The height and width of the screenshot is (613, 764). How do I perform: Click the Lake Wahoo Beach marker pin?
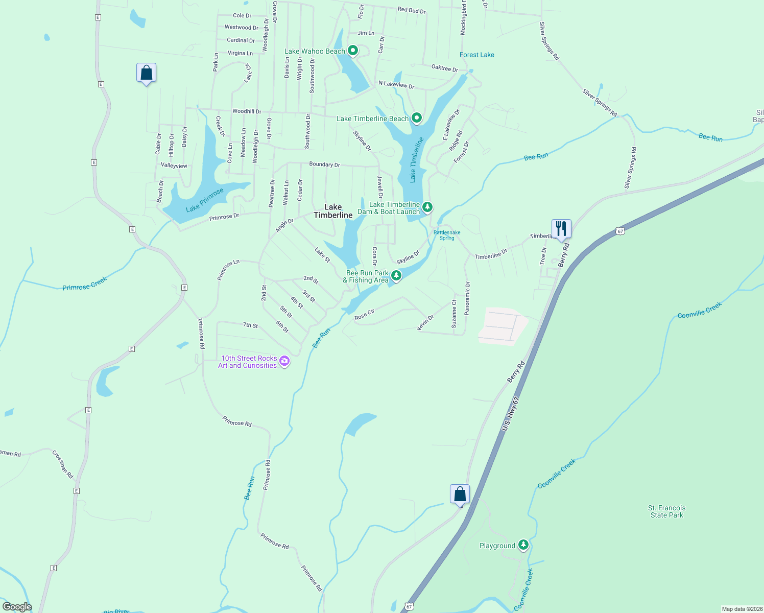[352, 51]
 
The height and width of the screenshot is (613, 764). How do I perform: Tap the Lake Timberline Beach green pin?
[417, 118]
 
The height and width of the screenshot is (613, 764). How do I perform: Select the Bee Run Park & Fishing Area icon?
[396, 276]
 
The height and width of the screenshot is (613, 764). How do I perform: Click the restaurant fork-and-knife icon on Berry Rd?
[561, 228]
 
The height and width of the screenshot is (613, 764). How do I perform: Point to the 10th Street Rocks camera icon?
[284, 361]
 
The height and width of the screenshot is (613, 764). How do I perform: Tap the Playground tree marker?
[523, 545]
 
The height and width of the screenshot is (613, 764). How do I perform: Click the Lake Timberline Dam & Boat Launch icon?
[427, 207]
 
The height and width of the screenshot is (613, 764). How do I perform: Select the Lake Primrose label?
[205, 200]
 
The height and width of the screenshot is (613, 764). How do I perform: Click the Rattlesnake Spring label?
[447, 235]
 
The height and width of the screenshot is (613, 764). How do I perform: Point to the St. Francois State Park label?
[666, 511]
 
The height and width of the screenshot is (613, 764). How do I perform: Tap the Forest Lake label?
[476, 55]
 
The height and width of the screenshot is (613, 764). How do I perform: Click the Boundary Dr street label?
[324, 164]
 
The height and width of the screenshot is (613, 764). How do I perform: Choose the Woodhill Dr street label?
[247, 111]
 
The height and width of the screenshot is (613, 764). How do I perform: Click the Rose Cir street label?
[365, 315]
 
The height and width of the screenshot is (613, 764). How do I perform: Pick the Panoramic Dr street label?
[467, 298]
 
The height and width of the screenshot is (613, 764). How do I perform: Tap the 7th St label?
[250, 325]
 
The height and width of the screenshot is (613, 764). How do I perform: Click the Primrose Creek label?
[85, 284]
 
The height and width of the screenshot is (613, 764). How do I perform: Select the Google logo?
[17, 606]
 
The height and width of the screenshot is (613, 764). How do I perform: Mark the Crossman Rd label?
[63, 464]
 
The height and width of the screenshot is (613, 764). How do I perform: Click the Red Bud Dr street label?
[411, 10]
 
